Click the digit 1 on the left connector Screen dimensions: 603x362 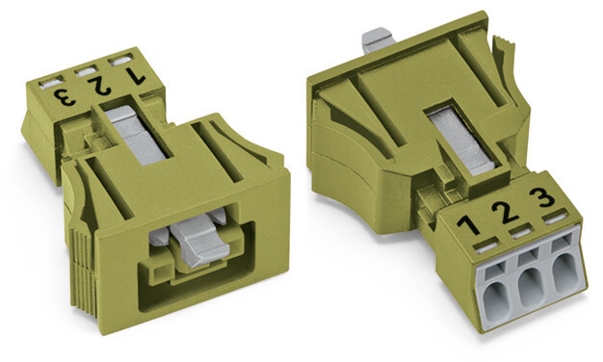136,76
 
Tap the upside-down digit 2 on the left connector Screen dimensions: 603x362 99,86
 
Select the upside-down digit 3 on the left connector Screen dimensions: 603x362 65,97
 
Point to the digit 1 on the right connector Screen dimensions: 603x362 468,225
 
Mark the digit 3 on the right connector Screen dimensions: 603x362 542,196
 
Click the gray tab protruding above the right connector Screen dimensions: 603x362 378,39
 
